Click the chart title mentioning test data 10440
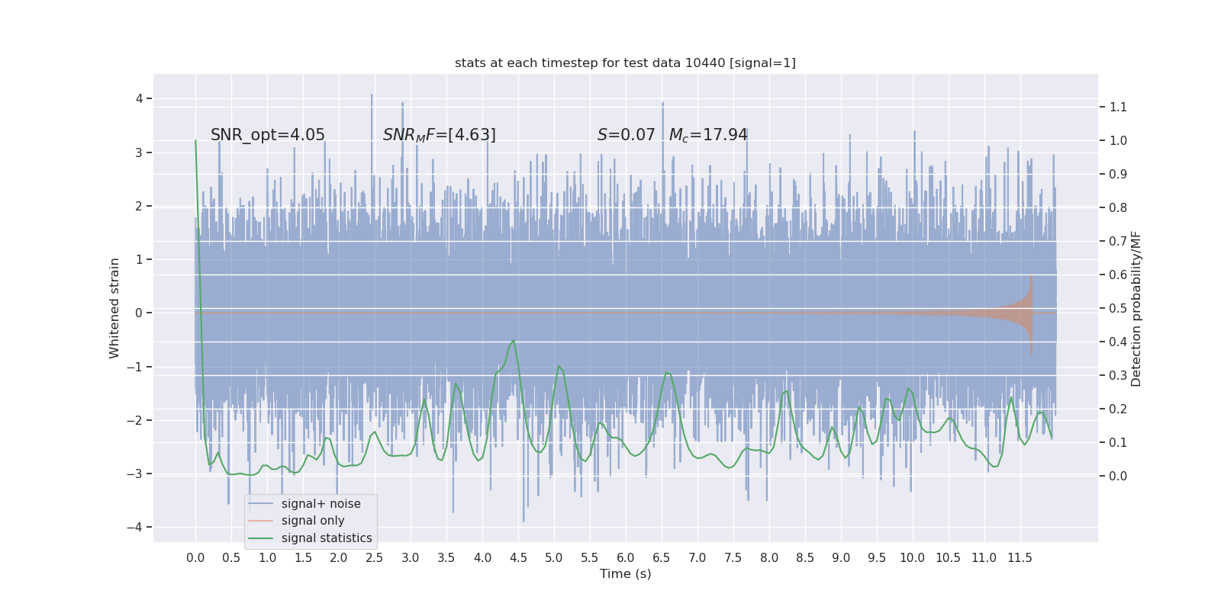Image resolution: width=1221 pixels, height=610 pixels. (x=625, y=63)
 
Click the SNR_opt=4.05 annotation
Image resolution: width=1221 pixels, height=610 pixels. (x=268, y=135)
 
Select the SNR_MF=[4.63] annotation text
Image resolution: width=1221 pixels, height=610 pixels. (x=439, y=135)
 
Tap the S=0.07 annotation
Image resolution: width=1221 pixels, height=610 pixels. (x=626, y=135)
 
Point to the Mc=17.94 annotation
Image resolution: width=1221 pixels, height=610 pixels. (x=708, y=135)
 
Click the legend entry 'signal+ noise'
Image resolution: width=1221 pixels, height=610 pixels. (x=321, y=504)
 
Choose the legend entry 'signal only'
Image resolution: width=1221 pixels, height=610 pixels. (x=313, y=521)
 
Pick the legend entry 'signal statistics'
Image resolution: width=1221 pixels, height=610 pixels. (x=327, y=538)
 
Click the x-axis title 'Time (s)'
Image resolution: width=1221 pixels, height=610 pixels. (x=625, y=574)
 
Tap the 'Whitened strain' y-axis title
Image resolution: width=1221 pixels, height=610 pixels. (x=114, y=308)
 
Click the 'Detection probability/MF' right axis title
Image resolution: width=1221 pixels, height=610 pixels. (x=1136, y=308)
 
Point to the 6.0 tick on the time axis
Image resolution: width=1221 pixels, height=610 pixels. (x=626, y=558)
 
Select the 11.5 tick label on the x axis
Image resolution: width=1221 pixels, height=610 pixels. (x=1020, y=558)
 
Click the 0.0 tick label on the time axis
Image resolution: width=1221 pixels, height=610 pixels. (x=195, y=558)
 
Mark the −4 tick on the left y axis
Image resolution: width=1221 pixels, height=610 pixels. (x=138, y=528)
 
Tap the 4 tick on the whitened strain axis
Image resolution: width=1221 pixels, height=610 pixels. (x=140, y=98)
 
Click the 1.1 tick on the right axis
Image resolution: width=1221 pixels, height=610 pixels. (x=1118, y=107)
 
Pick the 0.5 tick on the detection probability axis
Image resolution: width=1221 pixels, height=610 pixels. (x=1118, y=308)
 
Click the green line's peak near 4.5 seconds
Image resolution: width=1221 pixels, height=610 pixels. (x=514, y=341)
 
